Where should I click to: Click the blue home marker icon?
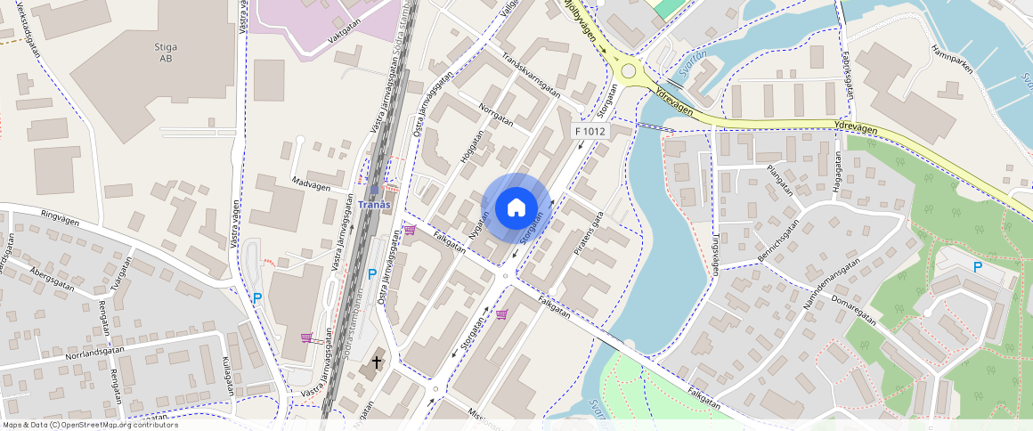click(516, 208)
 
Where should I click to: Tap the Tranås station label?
click(374, 205)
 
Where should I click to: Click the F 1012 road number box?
click(590, 132)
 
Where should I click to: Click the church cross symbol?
click(377, 362)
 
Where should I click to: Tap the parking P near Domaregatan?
click(977, 267)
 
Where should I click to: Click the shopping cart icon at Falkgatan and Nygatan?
click(410, 231)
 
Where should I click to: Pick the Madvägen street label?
click(311, 187)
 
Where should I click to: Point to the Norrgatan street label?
click(496, 117)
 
